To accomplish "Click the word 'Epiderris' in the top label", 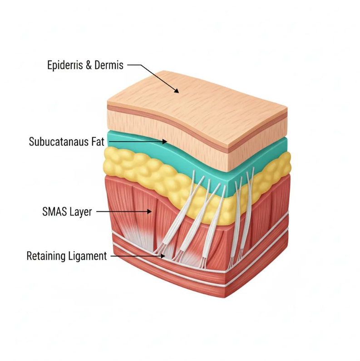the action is click(x=65, y=65).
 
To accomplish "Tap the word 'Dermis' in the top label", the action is click(x=109, y=65).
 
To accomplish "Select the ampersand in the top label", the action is click(x=89, y=65).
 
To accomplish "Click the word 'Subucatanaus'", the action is click(x=59, y=141).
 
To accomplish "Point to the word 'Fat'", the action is click(x=98, y=141).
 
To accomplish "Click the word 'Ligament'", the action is click(x=87, y=256).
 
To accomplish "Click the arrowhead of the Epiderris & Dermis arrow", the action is click(x=177, y=91).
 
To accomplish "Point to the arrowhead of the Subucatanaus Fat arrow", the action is click(x=164, y=141).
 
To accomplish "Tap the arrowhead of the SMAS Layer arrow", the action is click(x=149, y=211).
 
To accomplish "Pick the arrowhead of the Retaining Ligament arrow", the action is click(x=163, y=256).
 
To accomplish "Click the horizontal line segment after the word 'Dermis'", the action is click(x=134, y=65).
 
